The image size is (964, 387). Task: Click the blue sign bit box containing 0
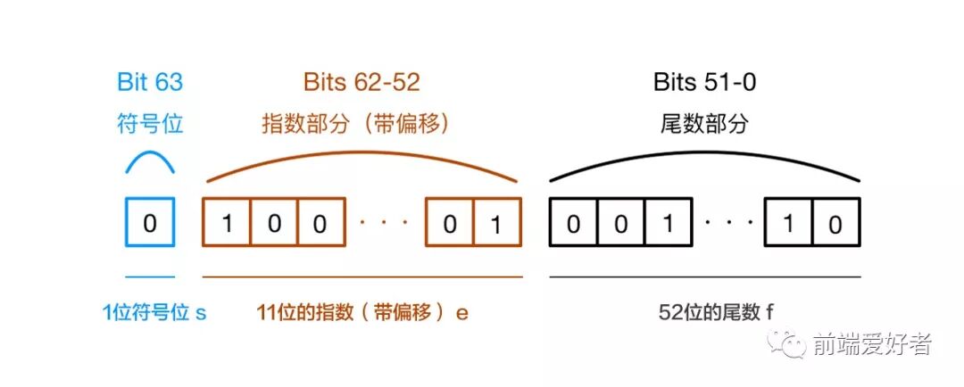click(x=149, y=222)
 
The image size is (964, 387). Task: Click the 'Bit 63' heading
click(x=150, y=82)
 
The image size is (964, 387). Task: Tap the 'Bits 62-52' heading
click(x=361, y=82)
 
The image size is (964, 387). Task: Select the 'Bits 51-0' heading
click(x=705, y=82)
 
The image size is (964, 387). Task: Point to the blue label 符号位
click(x=150, y=123)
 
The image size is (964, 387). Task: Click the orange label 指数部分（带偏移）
click(x=354, y=123)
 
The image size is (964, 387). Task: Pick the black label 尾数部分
click(x=705, y=123)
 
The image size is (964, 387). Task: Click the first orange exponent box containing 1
click(x=227, y=222)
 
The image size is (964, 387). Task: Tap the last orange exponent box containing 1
click(x=497, y=222)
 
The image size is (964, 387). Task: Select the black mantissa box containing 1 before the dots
click(x=667, y=222)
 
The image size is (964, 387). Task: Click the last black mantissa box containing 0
click(x=835, y=222)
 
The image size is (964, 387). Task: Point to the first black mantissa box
click(x=573, y=222)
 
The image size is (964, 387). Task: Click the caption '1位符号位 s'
click(x=154, y=313)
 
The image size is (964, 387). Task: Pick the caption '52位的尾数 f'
click(x=705, y=313)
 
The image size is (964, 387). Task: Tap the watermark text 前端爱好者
click(x=871, y=344)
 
